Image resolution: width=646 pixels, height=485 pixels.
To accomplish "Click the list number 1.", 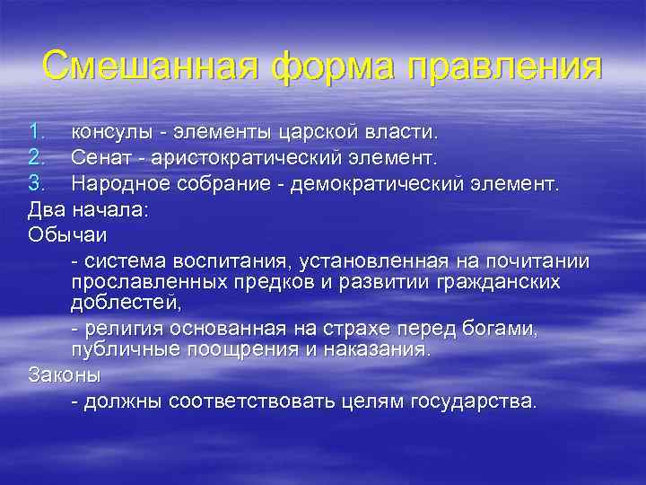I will [x=35, y=133].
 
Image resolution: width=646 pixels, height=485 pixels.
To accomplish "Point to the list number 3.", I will [x=36, y=185].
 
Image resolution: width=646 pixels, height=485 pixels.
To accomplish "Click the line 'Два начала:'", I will [x=79, y=210].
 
